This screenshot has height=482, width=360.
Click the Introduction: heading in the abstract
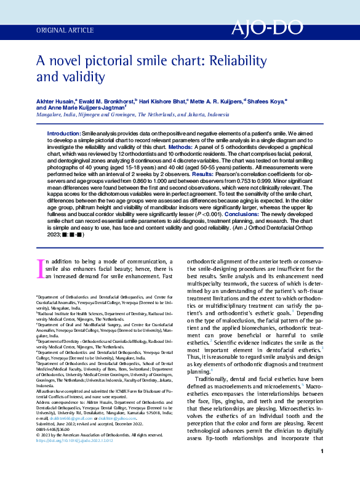[x=64, y=134]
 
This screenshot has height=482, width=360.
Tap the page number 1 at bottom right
[x=322, y=469]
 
